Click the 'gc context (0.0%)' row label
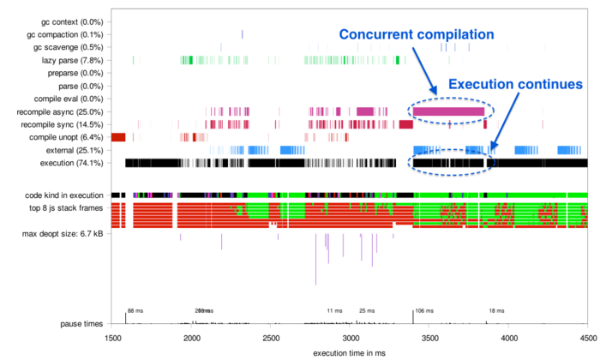point(71,21)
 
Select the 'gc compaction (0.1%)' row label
point(66,34)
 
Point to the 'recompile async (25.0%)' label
point(64,111)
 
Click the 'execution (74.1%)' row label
point(73,163)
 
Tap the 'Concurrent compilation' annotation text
point(417,35)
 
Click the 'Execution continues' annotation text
point(516,85)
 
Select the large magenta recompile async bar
point(448,111)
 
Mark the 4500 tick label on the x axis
point(587,339)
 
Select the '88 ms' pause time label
point(135,311)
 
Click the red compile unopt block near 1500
point(118,137)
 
